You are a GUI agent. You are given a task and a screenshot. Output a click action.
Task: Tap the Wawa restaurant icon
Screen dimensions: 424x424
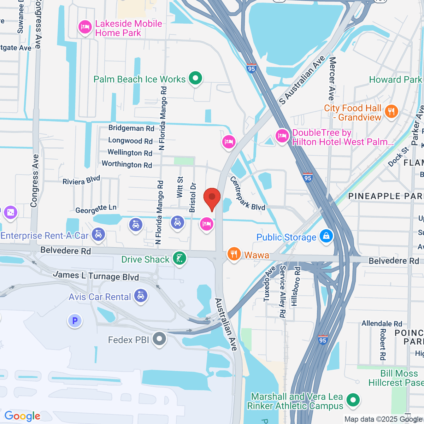click(234, 254)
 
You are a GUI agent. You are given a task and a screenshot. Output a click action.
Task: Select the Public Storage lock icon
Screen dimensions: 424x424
click(326, 236)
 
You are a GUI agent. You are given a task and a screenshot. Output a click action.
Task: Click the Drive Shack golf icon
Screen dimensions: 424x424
click(179, 258)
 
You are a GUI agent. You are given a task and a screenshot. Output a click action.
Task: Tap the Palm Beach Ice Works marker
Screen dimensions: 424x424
click(195, 78)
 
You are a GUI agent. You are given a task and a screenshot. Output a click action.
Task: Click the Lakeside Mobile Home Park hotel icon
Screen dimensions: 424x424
click(85, 27)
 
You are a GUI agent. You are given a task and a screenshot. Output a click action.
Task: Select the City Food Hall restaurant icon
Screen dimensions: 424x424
click(391, 112)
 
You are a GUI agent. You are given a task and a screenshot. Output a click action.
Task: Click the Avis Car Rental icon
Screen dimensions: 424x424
click(141, 296)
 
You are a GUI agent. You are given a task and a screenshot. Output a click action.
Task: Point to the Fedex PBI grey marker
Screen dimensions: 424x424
click(159, 339)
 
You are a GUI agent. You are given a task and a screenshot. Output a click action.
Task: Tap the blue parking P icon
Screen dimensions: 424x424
click(75, 321)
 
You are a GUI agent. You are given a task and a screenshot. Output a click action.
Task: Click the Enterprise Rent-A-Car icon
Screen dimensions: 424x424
click(98, 235)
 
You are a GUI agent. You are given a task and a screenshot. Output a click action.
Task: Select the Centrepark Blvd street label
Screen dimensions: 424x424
click(247, 194)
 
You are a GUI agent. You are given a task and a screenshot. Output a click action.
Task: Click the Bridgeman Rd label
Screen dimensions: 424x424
click(131, 128)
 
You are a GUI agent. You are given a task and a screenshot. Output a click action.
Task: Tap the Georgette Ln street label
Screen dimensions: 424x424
click(96, 209)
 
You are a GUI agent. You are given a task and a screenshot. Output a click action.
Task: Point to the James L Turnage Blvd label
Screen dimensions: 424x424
click(96, 276)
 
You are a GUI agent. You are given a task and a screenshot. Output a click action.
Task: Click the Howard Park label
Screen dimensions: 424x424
click(395, 80)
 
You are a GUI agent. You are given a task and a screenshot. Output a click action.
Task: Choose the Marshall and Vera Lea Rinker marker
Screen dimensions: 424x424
click(353, 400)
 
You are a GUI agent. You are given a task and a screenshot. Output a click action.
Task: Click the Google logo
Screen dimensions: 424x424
click(22, 416)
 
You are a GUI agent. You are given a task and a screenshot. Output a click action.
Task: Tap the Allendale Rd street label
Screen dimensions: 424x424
click(382, 324)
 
